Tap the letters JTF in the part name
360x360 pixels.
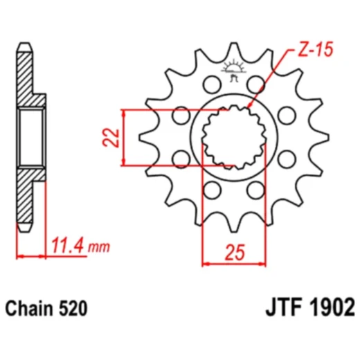pyautogui.click(x=281, y=306)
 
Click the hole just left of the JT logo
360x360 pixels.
pyautogui.click(x=210, y=84)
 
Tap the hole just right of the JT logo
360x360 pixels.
pyautogui.click(x=258, y=84)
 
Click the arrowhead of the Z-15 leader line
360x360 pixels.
pyautogui.click(x=250, y=107)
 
